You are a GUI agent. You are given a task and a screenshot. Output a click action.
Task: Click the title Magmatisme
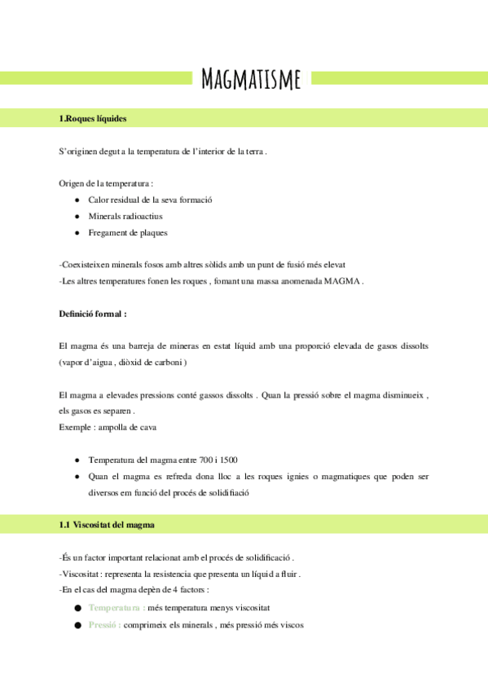coord(251,78)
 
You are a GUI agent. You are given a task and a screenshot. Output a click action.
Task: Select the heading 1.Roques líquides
coord(93,119)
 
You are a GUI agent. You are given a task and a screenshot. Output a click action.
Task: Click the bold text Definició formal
coord(92,313)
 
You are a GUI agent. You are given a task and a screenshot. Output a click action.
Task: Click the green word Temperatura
coord(117,608)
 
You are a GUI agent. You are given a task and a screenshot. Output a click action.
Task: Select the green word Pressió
coord(104,625)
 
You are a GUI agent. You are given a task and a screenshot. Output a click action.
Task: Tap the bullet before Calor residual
coord(77,200)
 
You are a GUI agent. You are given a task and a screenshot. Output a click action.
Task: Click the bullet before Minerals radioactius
coord(77,216)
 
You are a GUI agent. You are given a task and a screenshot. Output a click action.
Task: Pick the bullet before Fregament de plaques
coord(77,233)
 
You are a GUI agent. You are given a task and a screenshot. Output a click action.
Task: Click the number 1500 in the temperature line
coord(228,460)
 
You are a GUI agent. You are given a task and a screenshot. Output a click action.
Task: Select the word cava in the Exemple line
coord(148,427)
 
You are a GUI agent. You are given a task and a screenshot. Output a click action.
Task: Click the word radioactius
coord(143,216)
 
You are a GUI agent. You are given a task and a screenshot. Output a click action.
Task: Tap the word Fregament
coord(108,233)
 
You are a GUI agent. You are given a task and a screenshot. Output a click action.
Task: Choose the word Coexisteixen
coord(88,265)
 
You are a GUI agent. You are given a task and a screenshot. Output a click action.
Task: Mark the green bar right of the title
coord(400,78)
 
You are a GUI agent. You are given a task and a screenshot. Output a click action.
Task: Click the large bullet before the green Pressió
coord(77,625)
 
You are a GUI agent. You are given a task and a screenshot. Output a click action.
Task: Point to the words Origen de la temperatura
coord(107,183)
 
